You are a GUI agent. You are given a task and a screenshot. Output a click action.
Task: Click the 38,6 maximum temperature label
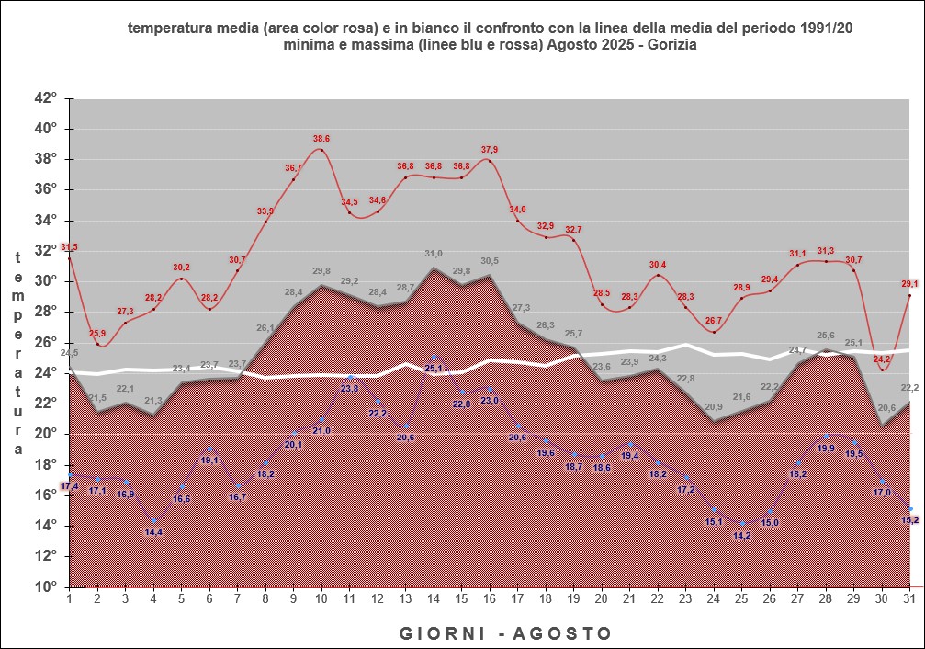[321, 139]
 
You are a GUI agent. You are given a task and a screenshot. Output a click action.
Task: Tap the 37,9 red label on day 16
[489, 150]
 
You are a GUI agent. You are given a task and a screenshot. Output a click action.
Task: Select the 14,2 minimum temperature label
[741, 536]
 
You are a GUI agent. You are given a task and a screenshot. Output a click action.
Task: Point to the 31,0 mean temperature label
[434, 254]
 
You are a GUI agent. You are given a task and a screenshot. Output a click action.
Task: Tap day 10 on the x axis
[321, 598]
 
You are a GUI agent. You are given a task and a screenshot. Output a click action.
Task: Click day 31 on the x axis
[909, 598]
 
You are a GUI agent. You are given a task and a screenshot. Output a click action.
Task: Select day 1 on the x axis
[70, 598]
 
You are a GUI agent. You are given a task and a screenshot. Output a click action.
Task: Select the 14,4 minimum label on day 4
[153, 532]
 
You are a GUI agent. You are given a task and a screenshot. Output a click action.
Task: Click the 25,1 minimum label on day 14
[434, 369]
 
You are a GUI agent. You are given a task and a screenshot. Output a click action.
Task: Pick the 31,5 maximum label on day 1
[69, 247]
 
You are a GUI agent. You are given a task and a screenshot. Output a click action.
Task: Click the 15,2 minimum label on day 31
[909, 520]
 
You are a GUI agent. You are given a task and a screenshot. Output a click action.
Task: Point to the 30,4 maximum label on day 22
[657, 265]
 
